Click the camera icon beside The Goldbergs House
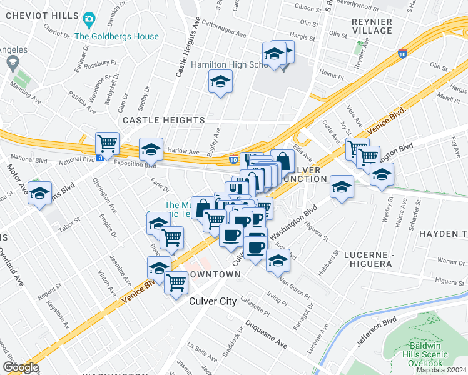[89, 21]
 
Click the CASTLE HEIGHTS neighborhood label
[163, 119]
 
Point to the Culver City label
[213, 301]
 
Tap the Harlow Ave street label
[185, 151]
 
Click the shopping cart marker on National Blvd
[107, 143]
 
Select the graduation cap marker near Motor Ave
[39, 194]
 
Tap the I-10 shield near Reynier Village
[403, 55]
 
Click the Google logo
[21, 367]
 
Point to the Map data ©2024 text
[441, 370]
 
